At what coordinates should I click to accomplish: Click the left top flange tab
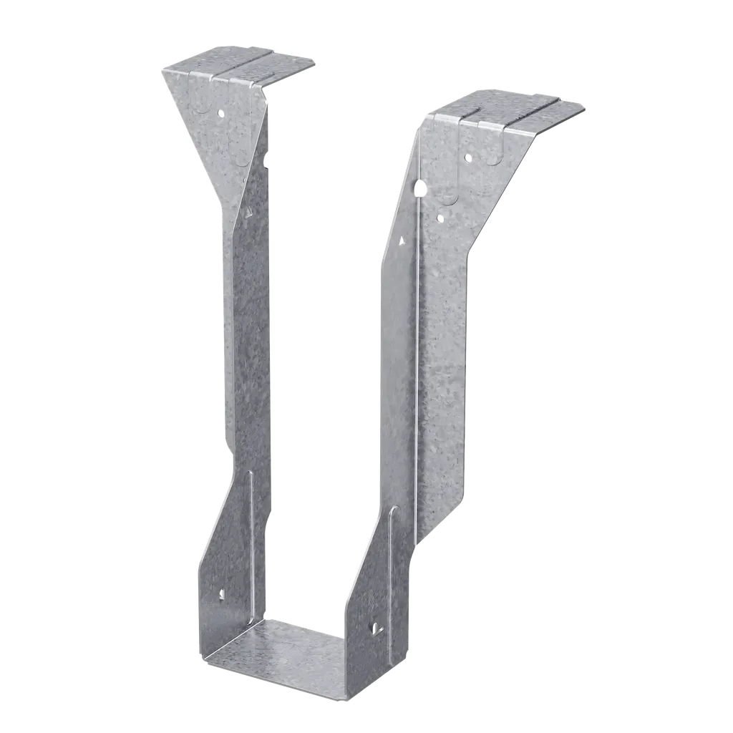(x=243, y=67)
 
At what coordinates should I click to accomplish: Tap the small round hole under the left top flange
(x=221, y=112)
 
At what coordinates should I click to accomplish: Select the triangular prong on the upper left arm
(x=248, y=213)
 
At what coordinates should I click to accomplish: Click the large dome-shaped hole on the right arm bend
(x=420, y=190)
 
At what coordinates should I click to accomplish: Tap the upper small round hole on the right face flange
(x=467, y=157)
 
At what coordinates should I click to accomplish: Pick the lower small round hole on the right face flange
(x=440, y=213)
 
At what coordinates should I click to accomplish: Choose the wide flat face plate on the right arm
(x=440, y=358)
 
